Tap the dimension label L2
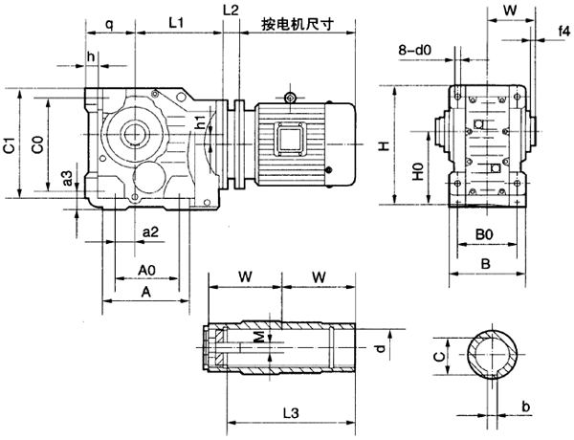[230, 10]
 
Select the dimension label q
[110, 21]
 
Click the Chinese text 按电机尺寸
[297, 22]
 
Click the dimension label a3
[67, 178]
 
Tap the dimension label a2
[150, 232]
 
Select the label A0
[147, 270]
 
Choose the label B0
[484, 234]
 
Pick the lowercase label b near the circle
[528, 407]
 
